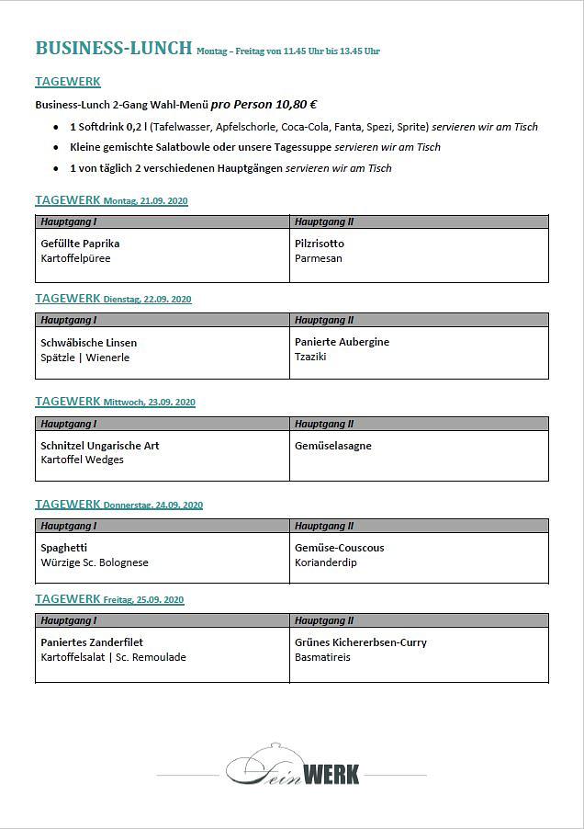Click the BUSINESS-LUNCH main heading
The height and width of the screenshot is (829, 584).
113,49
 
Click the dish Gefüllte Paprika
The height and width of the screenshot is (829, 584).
80,244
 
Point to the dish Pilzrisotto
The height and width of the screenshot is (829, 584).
320,244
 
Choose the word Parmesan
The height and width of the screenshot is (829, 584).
318,258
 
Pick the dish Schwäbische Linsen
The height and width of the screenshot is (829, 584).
88,343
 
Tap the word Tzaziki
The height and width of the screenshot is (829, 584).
310,357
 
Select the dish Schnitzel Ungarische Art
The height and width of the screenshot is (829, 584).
100,446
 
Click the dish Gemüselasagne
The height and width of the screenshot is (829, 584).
332,446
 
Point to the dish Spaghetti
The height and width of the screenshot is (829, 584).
65,548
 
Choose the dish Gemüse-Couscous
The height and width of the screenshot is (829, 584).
339,548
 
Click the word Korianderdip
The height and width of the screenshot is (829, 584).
325,562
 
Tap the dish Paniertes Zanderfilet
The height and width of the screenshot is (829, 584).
92,642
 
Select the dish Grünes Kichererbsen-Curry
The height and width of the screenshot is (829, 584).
360,642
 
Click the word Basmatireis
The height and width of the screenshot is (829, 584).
322,657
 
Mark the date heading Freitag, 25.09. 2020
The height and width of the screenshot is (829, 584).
143,600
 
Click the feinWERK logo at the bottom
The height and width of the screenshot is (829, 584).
292,769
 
